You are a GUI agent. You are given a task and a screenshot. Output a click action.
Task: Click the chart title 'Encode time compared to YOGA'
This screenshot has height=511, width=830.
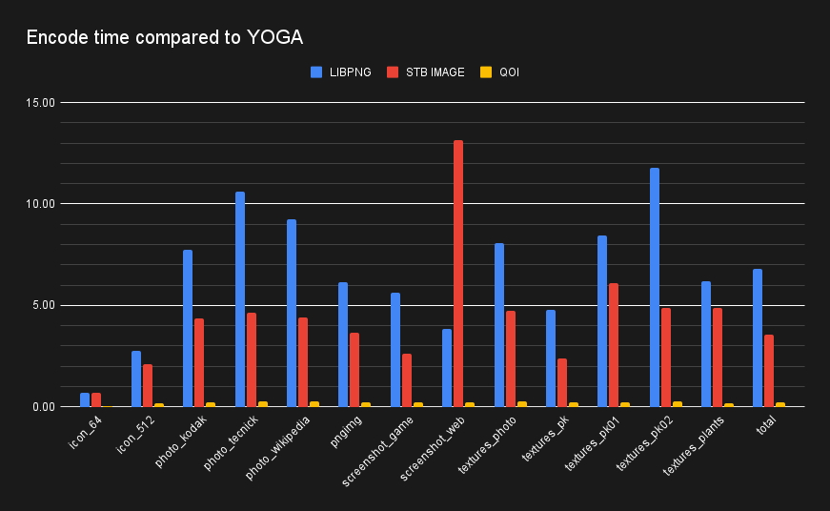point(165,38)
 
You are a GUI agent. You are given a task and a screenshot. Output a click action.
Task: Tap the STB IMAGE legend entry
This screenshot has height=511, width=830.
point(425,72)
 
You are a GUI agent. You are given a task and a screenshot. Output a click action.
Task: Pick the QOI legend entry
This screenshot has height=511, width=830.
point(499,72)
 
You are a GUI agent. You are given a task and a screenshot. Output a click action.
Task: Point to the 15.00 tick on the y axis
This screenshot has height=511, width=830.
point(41,102)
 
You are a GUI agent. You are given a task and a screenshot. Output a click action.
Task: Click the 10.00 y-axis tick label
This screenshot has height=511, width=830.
point(41,203)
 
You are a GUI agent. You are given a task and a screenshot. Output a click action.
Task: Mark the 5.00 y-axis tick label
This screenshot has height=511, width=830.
point(44,305)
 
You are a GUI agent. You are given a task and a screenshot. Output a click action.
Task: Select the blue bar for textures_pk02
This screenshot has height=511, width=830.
point(655,287)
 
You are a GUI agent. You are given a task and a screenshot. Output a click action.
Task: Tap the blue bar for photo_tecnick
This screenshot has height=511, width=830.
point(240,299)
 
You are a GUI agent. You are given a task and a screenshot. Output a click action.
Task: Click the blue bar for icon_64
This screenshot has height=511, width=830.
point(85,399)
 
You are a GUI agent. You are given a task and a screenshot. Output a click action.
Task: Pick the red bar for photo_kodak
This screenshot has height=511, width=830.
point(199,362)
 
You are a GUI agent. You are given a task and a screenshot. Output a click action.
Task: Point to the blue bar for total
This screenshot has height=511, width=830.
point(758,337)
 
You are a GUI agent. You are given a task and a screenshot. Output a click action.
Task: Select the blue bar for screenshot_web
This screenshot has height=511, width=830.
point(447,368)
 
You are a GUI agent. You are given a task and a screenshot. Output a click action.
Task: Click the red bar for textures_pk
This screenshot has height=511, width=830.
point(562,382)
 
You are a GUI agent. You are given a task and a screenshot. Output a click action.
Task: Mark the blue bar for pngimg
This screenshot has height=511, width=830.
point(343,344)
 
